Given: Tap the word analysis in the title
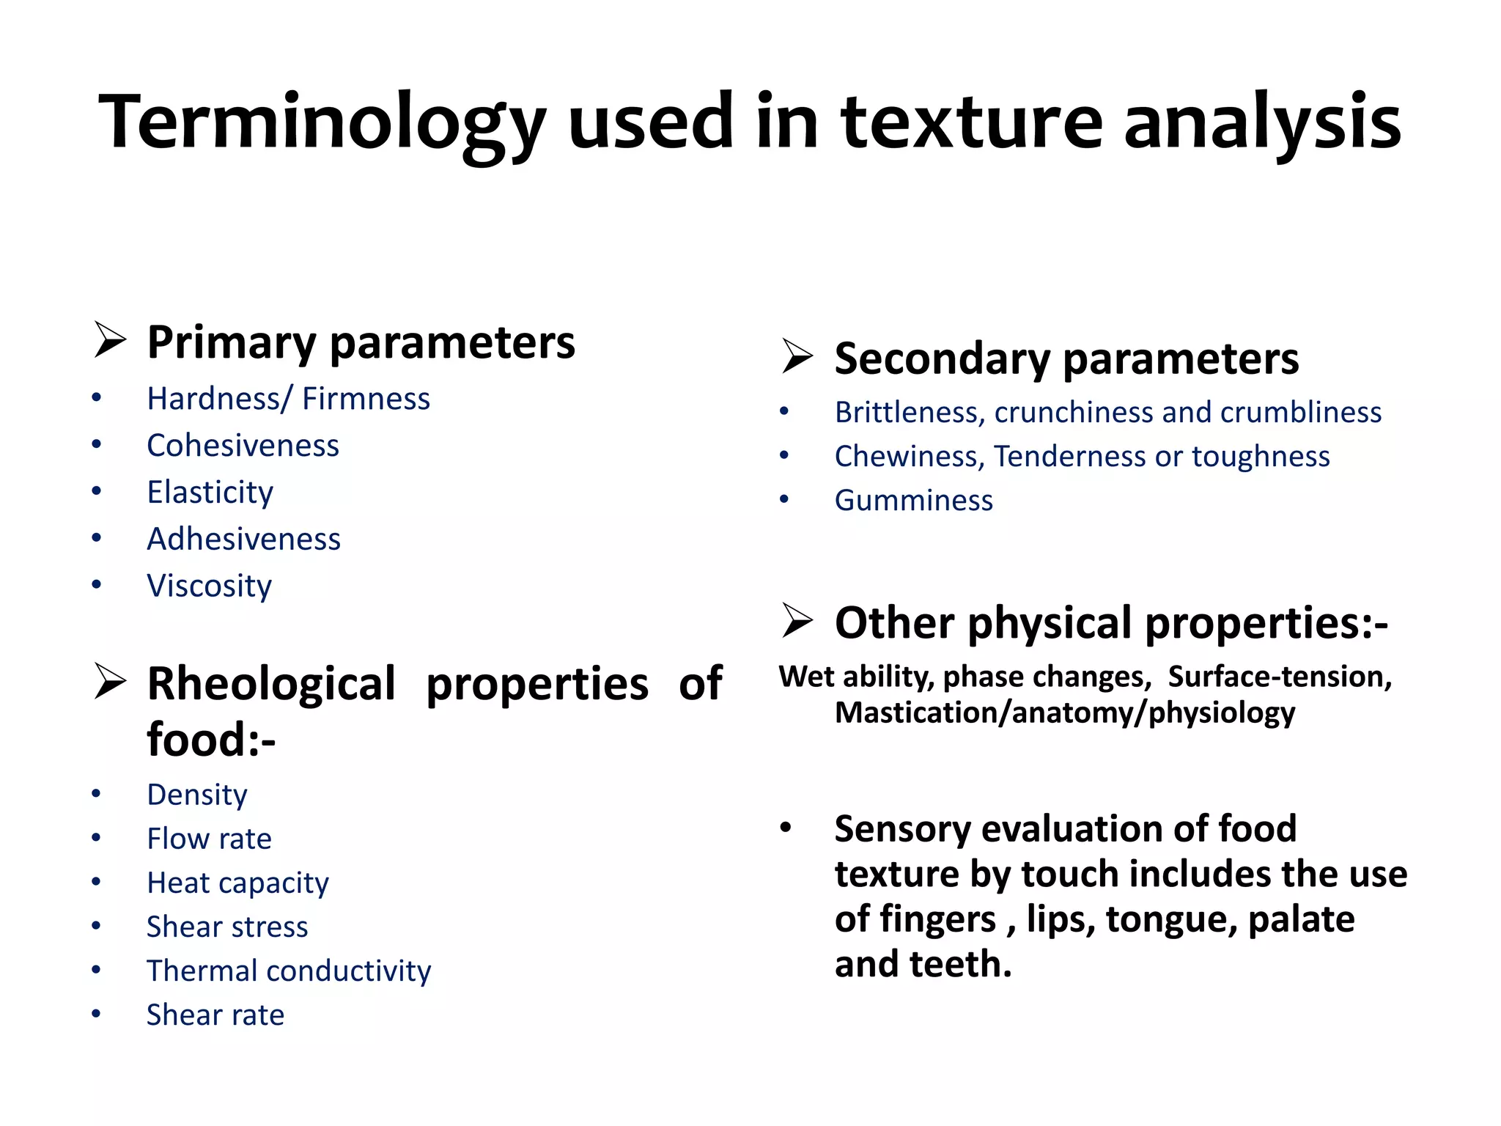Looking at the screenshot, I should click(x=1262, y=123).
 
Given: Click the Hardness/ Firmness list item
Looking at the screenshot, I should click(x=288, y=399).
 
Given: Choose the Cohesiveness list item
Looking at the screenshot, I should click(x=243, y=446).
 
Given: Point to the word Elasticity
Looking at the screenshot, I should click(x=210, y=493).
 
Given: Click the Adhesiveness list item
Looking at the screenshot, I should click(x=243, y=540).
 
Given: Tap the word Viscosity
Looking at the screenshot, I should click(x=209, y=586).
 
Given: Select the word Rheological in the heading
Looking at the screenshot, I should click(x=271, y=683).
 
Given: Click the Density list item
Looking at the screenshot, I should click(x=196, y=795).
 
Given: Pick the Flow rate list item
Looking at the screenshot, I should click(x=209, y=839).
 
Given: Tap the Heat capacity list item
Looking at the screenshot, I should click(x=237, y=883).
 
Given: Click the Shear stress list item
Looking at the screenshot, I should click(x=227, y=927).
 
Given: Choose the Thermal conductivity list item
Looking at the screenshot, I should click(x=289, y=971).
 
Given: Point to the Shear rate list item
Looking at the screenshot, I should click(x=215, y=1015).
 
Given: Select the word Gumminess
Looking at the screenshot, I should click(x=913, y=501).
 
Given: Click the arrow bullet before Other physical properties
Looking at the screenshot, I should click(x=797, y=621).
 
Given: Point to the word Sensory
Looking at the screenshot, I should click(x=902, y=830).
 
